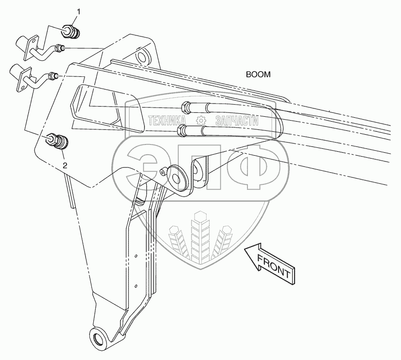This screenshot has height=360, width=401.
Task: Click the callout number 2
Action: [x=65, y=165]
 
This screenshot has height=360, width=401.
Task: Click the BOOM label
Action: [x=258, y=75]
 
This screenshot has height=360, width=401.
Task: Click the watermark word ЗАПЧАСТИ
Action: [x=235, y=121]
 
